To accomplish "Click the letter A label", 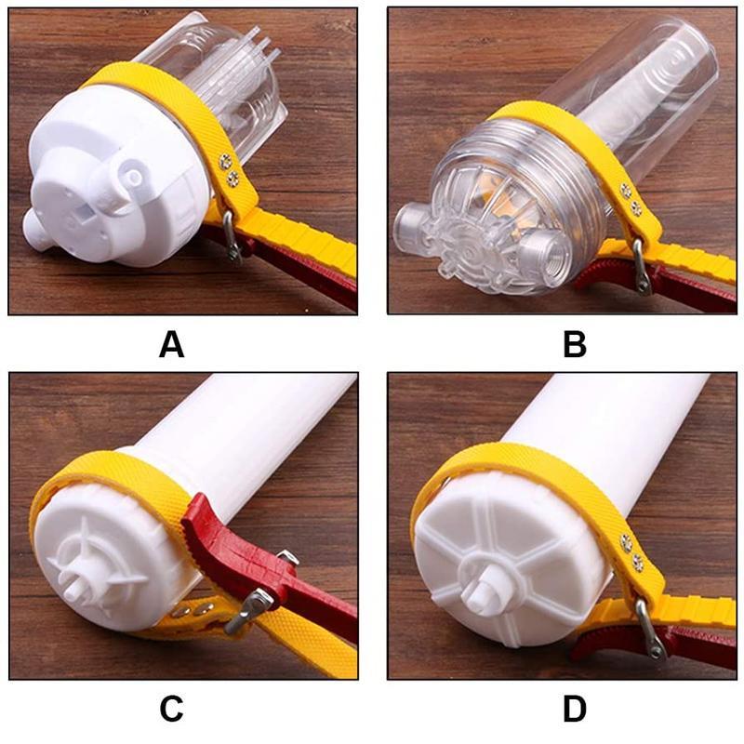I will point(171,344).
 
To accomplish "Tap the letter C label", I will point(171,709).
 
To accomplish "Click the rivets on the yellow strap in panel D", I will point(631,553).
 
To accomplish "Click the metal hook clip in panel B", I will point(641,270).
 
